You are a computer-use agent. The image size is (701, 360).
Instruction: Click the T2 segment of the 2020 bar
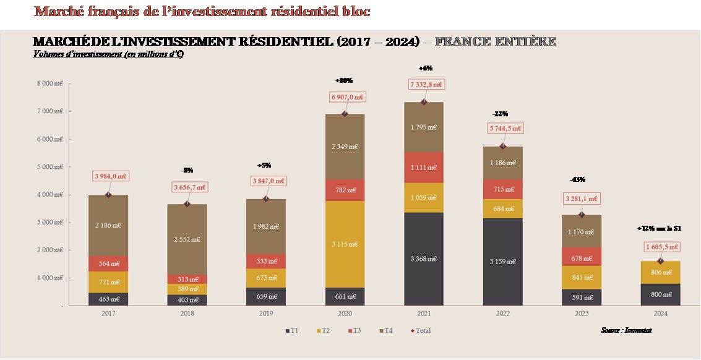point(345,244)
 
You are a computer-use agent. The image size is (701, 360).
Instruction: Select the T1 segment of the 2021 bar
point(423,259)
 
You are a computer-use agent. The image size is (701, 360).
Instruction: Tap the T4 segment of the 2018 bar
point(187,239)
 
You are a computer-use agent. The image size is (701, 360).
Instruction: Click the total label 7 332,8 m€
point(425,84)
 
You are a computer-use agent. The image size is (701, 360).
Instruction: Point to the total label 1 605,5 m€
point(660,247)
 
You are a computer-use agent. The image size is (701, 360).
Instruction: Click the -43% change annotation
point(578,179)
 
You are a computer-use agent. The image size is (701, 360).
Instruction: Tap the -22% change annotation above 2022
point(500,114)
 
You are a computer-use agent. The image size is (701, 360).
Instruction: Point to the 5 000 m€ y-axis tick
point(50,167)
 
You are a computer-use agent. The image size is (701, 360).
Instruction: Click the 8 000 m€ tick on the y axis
point(50,84)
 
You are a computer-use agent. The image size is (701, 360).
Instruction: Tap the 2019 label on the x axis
point(266,314)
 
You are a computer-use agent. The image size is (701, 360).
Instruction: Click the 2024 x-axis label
point(660,314)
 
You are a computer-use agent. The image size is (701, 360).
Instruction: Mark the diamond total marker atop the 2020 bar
point(345,114)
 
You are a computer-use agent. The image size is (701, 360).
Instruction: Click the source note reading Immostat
point(626,330)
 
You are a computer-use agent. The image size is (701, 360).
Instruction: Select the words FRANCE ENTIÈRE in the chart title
point(495,41)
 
